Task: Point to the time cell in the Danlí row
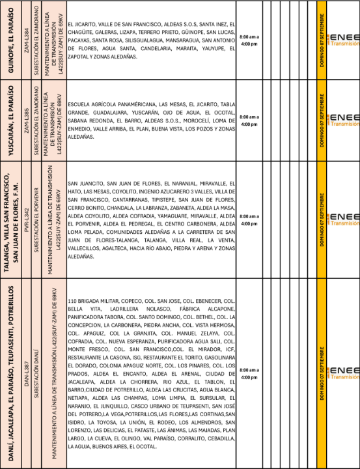click(249, 373)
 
